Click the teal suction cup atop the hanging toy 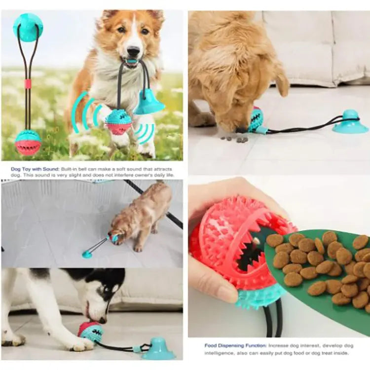coord(28,27)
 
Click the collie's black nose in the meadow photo coord(132,52)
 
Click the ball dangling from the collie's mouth coord(119,121)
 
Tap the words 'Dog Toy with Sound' coord(35,169)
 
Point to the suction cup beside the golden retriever coord(350,123)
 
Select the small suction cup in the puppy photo coord(87,254)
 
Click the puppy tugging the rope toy coord(141,215)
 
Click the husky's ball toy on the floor coord(90,333)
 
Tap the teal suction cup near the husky coord(158,350)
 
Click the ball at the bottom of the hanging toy coord(28,142)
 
